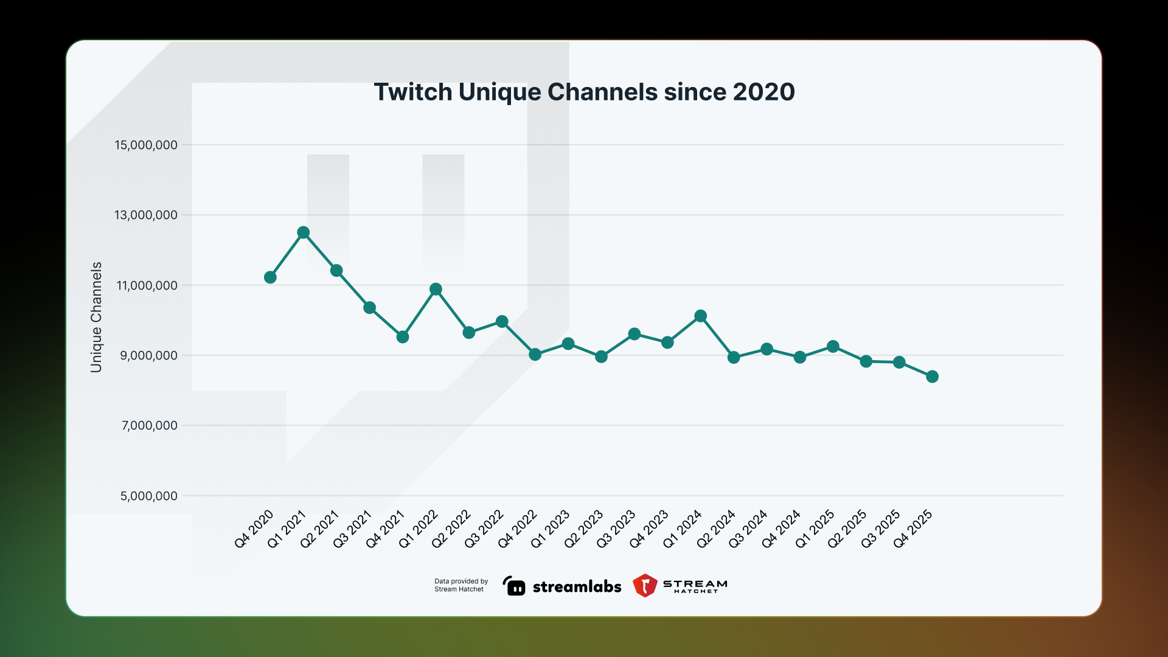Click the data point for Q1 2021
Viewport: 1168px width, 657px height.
point(304,232)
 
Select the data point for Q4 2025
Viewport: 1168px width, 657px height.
point(932,377)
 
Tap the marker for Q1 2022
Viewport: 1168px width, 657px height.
point(436,289)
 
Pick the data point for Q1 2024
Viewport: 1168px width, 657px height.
point(700,316)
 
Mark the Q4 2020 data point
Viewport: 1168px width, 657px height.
point(270,277)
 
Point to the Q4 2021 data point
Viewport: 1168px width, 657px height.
point(402,337)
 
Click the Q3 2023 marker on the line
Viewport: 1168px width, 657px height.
point(634,334)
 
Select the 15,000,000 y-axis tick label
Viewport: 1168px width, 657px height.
point(146,145)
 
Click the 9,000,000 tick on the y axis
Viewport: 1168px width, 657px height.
point(149,355)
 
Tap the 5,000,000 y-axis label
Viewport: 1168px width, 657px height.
point(149,496)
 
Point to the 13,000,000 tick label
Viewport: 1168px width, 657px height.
point(146,215)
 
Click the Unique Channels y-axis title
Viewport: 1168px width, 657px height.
point(96,317)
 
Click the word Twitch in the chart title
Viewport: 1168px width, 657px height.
point(412,92)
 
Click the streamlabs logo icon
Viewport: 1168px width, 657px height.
point(514,586)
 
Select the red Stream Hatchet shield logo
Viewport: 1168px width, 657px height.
point(645,585)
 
